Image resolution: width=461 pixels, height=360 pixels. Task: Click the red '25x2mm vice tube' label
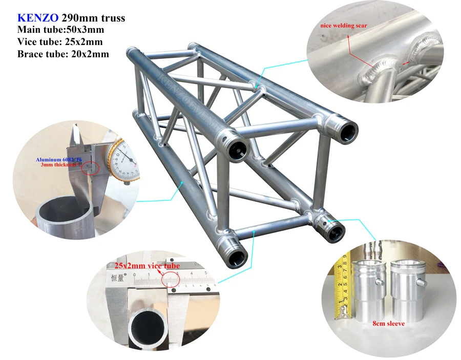coord(147,265)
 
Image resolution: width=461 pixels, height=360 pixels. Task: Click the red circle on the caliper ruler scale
coord(170,279)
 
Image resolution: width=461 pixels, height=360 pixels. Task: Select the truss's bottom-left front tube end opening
coord(237,258)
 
